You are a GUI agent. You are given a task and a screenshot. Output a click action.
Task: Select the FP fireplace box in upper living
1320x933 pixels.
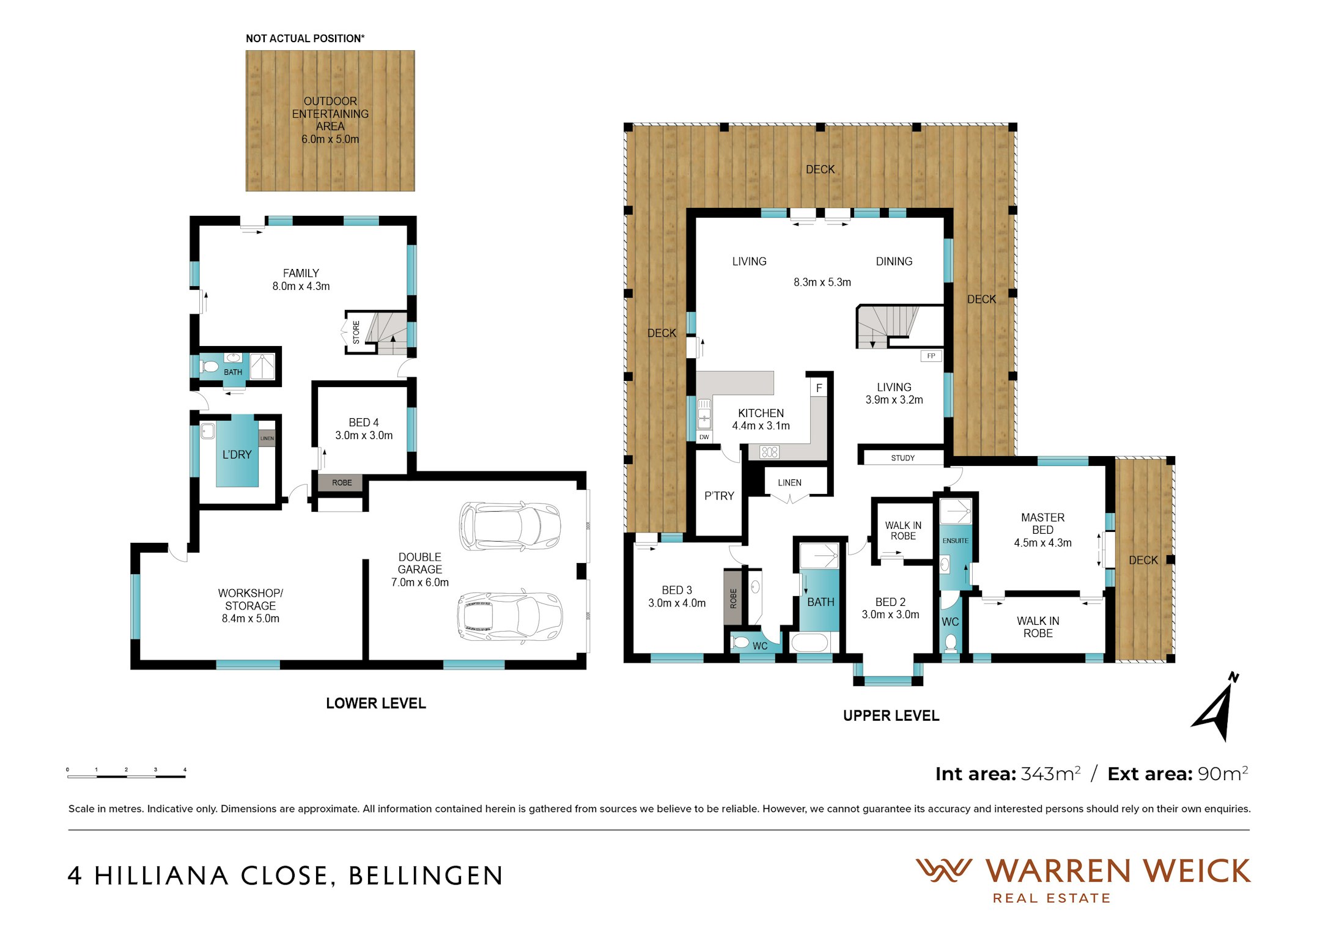(931, 356)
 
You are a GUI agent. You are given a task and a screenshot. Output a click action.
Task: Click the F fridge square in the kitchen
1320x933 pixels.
(819, 388)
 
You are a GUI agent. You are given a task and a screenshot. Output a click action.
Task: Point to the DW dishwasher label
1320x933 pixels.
(704, 437)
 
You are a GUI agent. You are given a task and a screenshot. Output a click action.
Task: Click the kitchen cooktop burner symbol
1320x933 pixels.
(770, 452)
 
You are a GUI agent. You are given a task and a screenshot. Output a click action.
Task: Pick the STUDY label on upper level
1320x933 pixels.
(902, 458)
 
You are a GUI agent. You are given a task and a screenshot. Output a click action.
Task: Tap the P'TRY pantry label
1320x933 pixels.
(719, 496)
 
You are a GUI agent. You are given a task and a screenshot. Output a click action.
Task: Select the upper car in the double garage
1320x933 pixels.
(510, 525)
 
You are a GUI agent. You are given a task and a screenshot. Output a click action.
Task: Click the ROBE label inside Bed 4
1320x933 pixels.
(342, 482)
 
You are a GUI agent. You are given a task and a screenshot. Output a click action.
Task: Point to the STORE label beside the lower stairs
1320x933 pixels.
(356, 332)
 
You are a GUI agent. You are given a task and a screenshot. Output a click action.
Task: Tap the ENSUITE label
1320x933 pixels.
(955, 540)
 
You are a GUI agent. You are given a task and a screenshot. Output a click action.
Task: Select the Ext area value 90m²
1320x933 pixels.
(1223, 773)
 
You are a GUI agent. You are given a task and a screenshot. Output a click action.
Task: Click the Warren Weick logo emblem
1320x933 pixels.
(943, 870)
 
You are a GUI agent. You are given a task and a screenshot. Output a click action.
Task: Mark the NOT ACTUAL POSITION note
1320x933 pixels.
(305, 39)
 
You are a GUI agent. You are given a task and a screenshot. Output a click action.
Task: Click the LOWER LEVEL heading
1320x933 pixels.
(376, 703)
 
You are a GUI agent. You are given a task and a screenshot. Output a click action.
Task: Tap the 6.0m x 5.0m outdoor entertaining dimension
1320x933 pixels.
(330, 139)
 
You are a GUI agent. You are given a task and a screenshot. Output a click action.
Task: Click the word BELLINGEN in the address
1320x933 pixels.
(426, 876)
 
